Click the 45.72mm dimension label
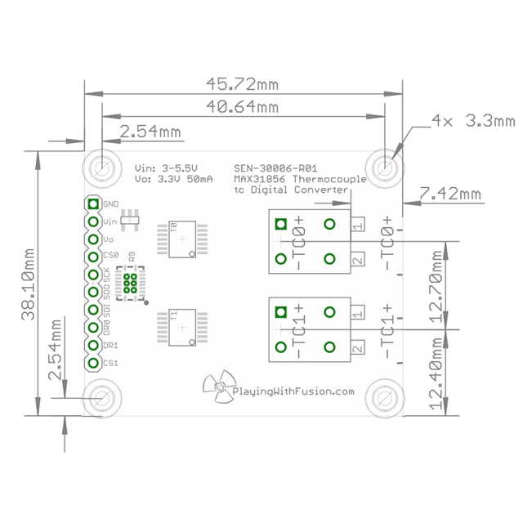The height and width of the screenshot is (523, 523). (x=244, y=83)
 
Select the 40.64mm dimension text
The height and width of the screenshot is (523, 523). (x=244, y=106)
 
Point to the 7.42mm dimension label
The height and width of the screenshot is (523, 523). (x=449, y=194)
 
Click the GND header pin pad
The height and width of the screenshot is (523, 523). (x=93, y=204)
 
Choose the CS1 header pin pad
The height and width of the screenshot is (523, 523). (x=93, y=362)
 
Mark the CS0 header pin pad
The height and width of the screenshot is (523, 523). (x=93, y=257)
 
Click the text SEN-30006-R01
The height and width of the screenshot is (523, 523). (x=275, y=165)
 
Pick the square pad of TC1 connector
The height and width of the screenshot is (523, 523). (x=281, y=311)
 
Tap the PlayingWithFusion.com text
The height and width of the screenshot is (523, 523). (x=293, y=391)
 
